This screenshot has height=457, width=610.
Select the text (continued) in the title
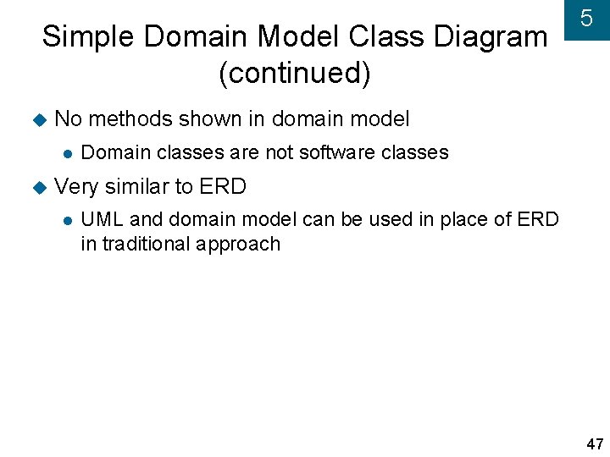[x=294, y=74]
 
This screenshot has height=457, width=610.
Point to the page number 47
[x=594, y=444]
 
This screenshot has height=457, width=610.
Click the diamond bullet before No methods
[x=37, y=120]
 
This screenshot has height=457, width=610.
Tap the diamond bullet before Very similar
[x=37, y=186]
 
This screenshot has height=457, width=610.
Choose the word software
[x=337, y=152]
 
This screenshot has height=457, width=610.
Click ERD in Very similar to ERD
[x=222, y=185]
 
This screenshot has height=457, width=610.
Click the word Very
[x=76, y=185]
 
